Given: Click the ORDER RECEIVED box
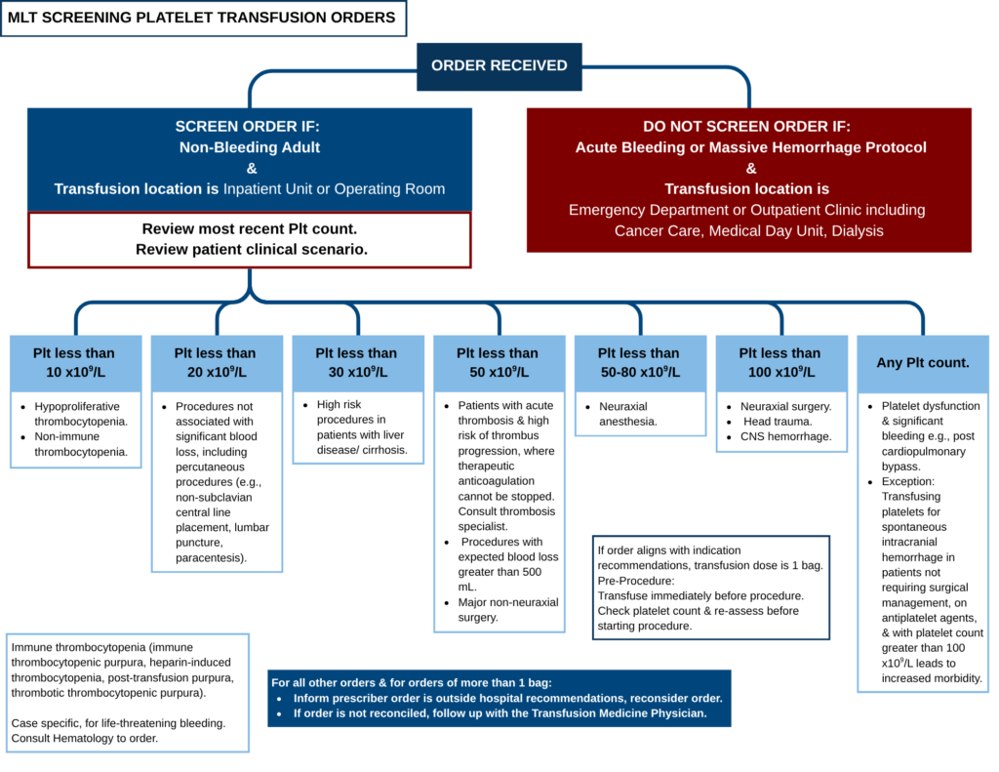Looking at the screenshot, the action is [x=499, y=66].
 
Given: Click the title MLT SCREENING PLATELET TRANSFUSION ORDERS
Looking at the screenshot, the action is [x=201, y=18].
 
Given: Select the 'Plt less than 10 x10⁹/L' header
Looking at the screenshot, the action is [x=76, y=363].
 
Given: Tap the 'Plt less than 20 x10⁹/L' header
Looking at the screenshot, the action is [x=217, y=363].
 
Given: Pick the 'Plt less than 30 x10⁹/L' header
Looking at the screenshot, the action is [x=358, y=363].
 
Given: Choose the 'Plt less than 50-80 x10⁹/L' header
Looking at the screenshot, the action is [x=640, y=363].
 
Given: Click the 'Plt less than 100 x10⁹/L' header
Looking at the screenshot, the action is [x=781, y=363].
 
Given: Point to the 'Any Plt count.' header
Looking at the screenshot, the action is [x=923, y=363].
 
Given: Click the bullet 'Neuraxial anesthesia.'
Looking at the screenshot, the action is [x=627, y=414].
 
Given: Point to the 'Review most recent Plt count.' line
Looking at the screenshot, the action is [x=249, y=228].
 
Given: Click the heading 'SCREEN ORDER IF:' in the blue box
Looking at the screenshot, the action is [x=247, y=126].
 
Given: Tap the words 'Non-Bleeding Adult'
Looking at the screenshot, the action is [x=249, y=147].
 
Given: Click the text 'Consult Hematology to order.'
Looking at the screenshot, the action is [x=85, y=738].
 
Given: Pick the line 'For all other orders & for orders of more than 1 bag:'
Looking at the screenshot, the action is [x=412, y=683].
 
